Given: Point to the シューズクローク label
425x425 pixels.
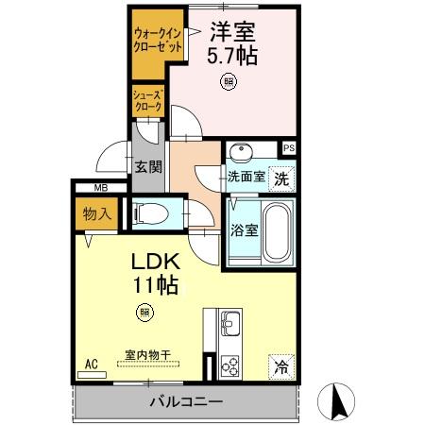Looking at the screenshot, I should point(148,101).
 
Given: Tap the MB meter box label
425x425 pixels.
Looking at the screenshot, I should point(99,188).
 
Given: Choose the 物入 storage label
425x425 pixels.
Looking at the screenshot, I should point(98,213).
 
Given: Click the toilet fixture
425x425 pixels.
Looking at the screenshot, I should point(151,213).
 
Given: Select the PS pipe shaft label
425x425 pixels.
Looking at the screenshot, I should point(288,147).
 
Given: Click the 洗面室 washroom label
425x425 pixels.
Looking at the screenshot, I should point(246,176).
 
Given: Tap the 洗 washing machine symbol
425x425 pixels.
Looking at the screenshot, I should point(281,176).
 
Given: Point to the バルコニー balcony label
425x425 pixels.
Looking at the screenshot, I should point(185,402).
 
